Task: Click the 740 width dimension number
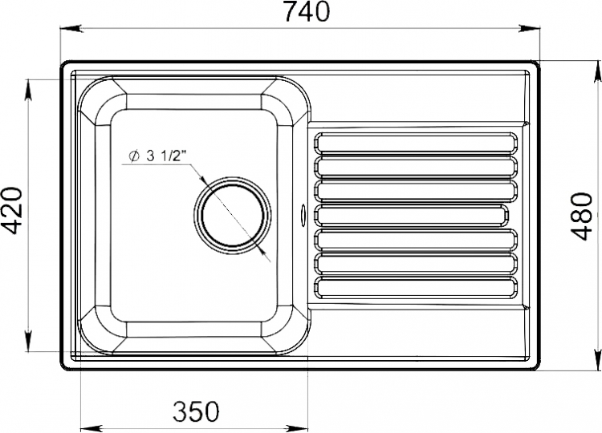(x=307, y=11)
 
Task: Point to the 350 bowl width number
(x=196, y=411)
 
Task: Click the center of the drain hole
(x=233, y=215)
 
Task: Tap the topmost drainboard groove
(x=416, y=144)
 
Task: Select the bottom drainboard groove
(x=416, y=288)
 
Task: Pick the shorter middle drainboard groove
(x=411, y=215)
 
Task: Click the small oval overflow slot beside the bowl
(x=303, y=212)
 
